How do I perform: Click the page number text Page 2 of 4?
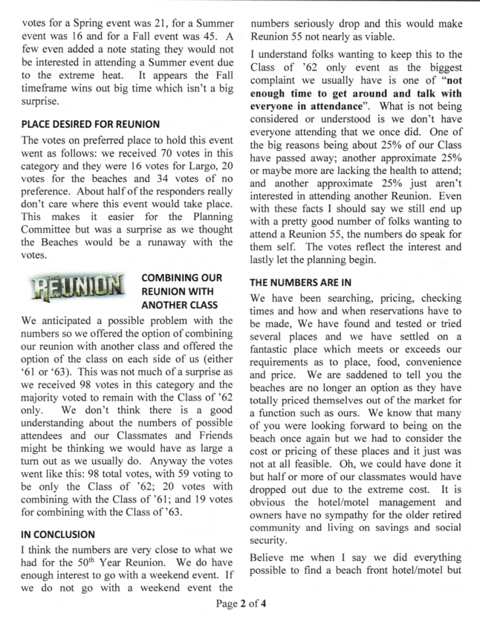240,603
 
